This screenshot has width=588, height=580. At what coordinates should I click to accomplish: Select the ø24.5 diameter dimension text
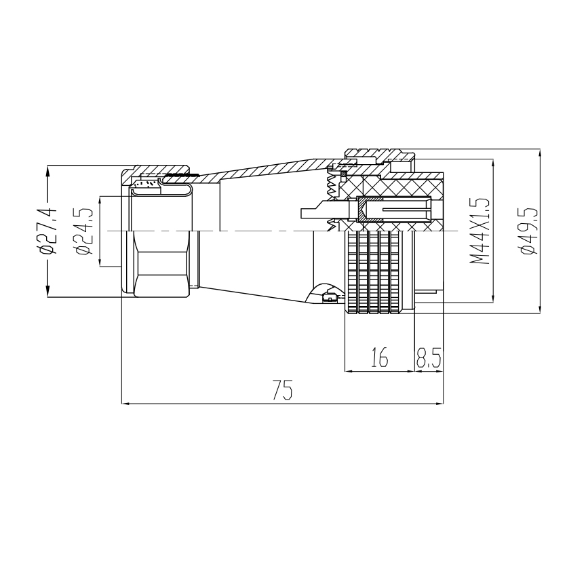pyautogui.click(x=84, y=231)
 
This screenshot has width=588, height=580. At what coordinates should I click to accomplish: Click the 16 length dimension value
pyautogui.click(x=380, y=357)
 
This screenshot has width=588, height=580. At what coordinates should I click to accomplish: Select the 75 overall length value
pyautogui.click(x=282, y=390)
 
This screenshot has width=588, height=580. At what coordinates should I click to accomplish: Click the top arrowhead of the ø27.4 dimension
pyautogui.click(x=47, y=172)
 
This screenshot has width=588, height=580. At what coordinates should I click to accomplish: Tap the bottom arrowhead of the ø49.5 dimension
pyautogui.click(x=540, y=307)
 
